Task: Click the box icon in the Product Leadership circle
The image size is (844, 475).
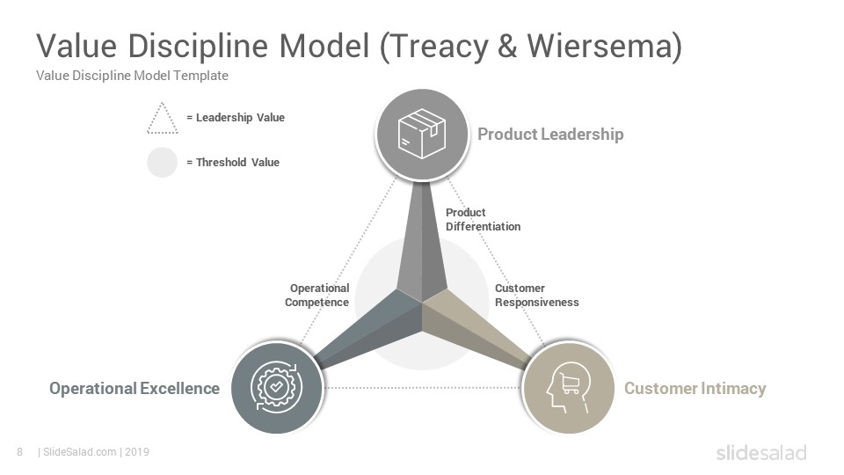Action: (422, 134)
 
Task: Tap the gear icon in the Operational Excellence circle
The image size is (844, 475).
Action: (277, 387)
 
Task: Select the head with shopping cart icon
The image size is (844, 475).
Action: (568, 388)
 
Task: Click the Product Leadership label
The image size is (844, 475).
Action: (550, 134)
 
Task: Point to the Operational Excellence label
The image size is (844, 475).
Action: (135, 388)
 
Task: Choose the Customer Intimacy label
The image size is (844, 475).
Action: (695, 388)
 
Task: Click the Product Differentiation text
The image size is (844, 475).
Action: (483, 219)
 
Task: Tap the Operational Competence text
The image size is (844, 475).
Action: (317, 296)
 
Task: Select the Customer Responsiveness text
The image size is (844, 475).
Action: (536, 296)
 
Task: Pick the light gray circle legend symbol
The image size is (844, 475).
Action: (162, 162)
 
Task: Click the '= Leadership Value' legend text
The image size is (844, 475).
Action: (236, 117)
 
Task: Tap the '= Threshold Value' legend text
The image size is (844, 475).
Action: (232, 162)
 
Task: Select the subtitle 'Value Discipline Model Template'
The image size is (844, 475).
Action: (132, 76)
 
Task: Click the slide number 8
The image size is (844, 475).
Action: (20, 452)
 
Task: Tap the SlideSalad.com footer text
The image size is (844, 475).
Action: (80, 452)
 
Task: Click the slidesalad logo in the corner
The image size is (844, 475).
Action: (761, 452)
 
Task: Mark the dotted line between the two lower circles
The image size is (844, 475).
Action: (423, 388)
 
